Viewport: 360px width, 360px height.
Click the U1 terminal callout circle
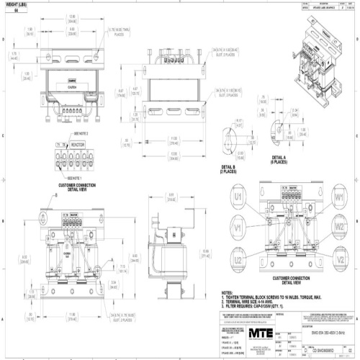point(238,197)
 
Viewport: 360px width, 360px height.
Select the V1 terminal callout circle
point(238,228)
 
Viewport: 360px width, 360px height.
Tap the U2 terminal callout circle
point(238,259)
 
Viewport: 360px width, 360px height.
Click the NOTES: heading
point(229,293)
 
